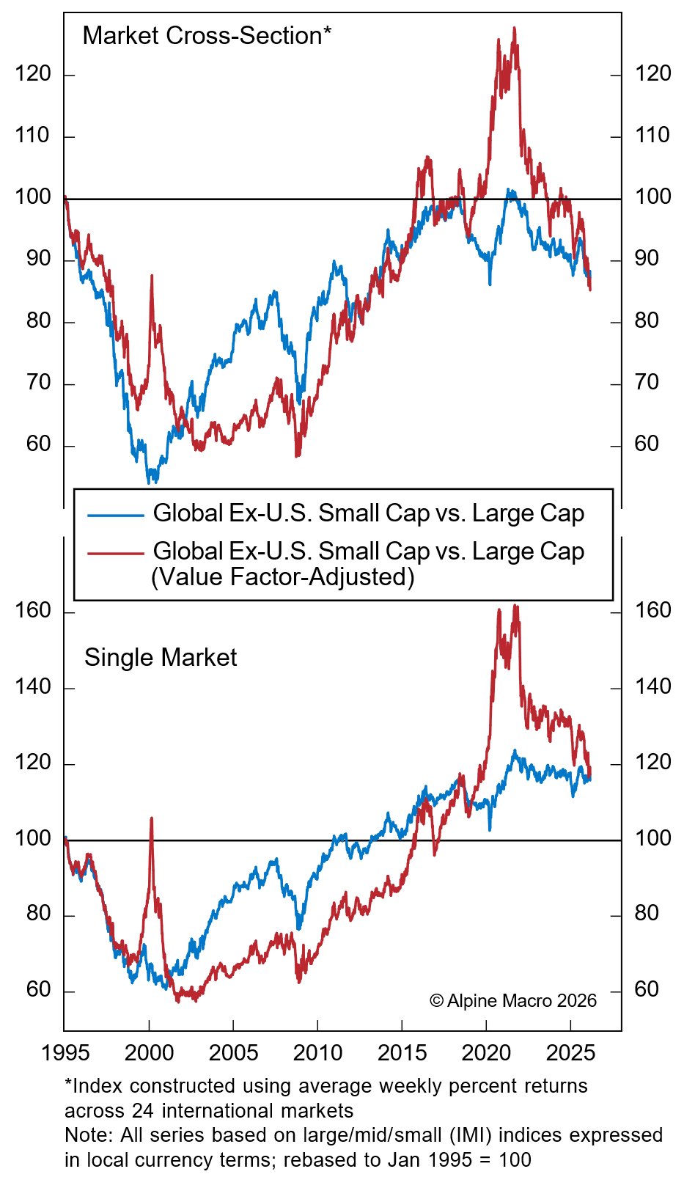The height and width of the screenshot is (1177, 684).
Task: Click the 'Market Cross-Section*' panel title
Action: point(207,36)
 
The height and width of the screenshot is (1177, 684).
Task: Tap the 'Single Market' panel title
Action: point(161,658)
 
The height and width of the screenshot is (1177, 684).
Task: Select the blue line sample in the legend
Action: point(115,515)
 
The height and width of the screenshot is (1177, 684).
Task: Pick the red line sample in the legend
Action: point(115,553)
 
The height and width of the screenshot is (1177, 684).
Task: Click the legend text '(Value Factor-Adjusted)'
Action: point(283,577)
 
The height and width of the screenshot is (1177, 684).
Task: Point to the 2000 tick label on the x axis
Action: point(149,1053)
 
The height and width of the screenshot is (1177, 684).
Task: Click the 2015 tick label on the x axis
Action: point(402,1053)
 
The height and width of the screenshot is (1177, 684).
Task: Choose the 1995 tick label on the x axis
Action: point(65,1053)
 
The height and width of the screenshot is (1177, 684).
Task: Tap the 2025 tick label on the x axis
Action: point(570,1053)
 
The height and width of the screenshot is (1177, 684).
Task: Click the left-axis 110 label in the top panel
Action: point(33,136)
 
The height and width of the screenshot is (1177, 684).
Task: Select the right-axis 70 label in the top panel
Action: point(646,383)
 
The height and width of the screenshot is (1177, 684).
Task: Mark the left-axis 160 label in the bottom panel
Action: point(33,611)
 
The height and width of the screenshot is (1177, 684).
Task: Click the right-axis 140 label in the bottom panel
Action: point(652,687)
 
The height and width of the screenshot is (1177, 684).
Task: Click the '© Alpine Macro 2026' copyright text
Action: point(513,1001)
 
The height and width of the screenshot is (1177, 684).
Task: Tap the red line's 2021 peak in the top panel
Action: point(514,29)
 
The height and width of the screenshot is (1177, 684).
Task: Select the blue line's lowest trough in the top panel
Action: point(150,482)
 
